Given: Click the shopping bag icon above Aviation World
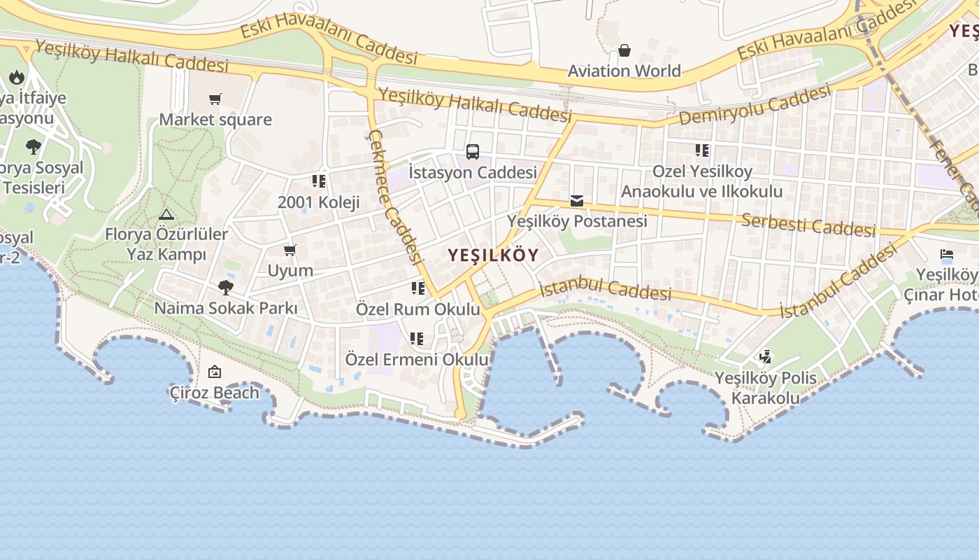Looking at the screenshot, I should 624,50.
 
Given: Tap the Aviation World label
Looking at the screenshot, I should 624,71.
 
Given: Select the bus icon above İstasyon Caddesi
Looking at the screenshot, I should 473,151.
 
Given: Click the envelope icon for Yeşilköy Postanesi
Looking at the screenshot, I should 577,202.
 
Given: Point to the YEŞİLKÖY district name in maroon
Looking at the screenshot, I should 493,255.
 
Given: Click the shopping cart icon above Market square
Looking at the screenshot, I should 215,99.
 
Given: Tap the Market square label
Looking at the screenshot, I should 215,120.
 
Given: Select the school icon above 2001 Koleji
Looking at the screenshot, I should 319,182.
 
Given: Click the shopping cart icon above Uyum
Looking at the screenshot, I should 290,250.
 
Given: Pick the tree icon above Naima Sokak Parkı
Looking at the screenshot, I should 225,287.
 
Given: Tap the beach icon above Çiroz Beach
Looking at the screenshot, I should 215,372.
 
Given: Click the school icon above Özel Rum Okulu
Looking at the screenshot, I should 418,288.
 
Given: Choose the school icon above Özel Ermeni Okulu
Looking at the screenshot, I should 417,339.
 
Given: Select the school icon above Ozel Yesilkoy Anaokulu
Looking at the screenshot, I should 702,150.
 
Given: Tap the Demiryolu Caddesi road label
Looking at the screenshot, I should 755,106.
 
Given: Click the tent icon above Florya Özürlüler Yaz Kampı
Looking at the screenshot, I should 166,214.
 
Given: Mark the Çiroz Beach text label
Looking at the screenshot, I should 215,393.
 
